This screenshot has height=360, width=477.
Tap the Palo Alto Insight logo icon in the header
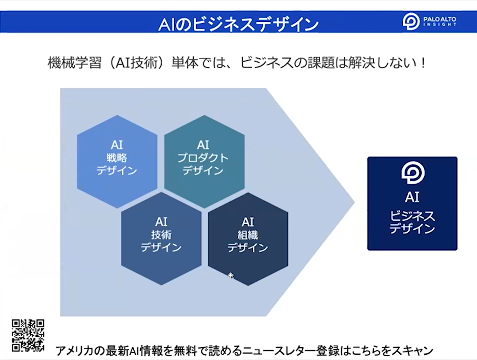[x=411, y=21]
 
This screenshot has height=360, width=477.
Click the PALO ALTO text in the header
[x=440, y=19]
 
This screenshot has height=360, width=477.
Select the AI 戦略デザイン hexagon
[x=117, y=162]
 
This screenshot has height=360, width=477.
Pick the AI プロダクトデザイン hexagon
[x=204, y=162]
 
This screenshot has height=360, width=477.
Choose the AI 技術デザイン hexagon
[x=161, y=239]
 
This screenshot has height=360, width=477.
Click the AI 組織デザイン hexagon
[x=248, y=239]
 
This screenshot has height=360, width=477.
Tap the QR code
[x=28, y=336]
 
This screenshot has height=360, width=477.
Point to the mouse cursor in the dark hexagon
[x=231, y=275]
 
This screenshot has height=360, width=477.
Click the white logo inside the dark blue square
[x=413, y=173]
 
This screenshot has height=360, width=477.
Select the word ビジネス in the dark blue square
[x=412, y=216]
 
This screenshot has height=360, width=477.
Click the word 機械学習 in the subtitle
[x=74, y=63]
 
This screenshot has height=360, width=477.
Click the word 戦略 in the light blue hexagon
[x=117, y=158]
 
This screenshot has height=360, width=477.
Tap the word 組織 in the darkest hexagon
[x=248, y=235]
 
